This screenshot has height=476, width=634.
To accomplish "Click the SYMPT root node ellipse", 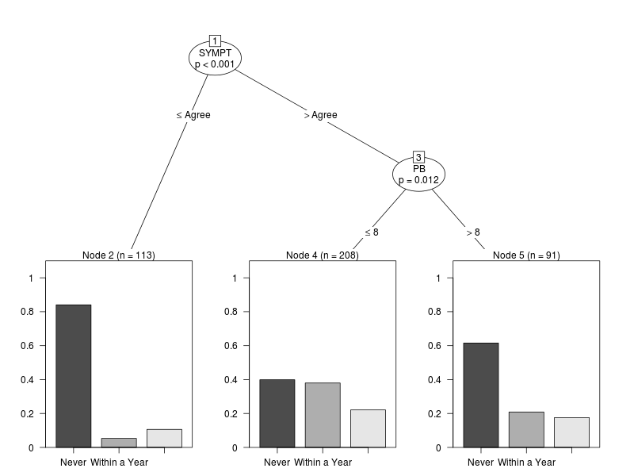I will (x=215, y=58).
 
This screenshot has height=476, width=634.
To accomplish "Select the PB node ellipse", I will (x=419, y=174).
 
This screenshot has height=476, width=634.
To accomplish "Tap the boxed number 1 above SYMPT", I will (x=215, y=40).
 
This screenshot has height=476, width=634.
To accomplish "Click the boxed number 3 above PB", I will (x=419, y=156).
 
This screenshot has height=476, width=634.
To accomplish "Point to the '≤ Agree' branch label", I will (x=193, y=115).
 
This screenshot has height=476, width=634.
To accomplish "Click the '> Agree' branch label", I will (x=321, y=115).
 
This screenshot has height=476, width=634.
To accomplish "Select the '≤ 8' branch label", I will (x=372, y=232).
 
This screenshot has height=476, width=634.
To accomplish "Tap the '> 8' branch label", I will (x=473, y=232).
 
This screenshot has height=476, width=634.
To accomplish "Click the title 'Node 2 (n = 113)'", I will (x=119, y=255).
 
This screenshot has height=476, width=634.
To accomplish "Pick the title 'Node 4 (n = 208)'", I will (x=323, y=255).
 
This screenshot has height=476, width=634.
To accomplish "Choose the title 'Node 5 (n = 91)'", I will (x=526, y=255).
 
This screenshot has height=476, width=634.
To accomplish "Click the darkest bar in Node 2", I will (x=74, y=376).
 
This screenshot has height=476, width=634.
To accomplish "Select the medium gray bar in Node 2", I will (x=119, y=443).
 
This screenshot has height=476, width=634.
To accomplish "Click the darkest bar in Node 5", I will (x=481, y=395).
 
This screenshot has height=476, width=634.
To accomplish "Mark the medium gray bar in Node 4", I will (x=323, y=415).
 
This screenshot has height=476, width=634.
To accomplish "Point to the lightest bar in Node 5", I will (x=571, y=432).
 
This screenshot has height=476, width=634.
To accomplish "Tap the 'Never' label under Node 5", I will (x=481, y=463).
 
